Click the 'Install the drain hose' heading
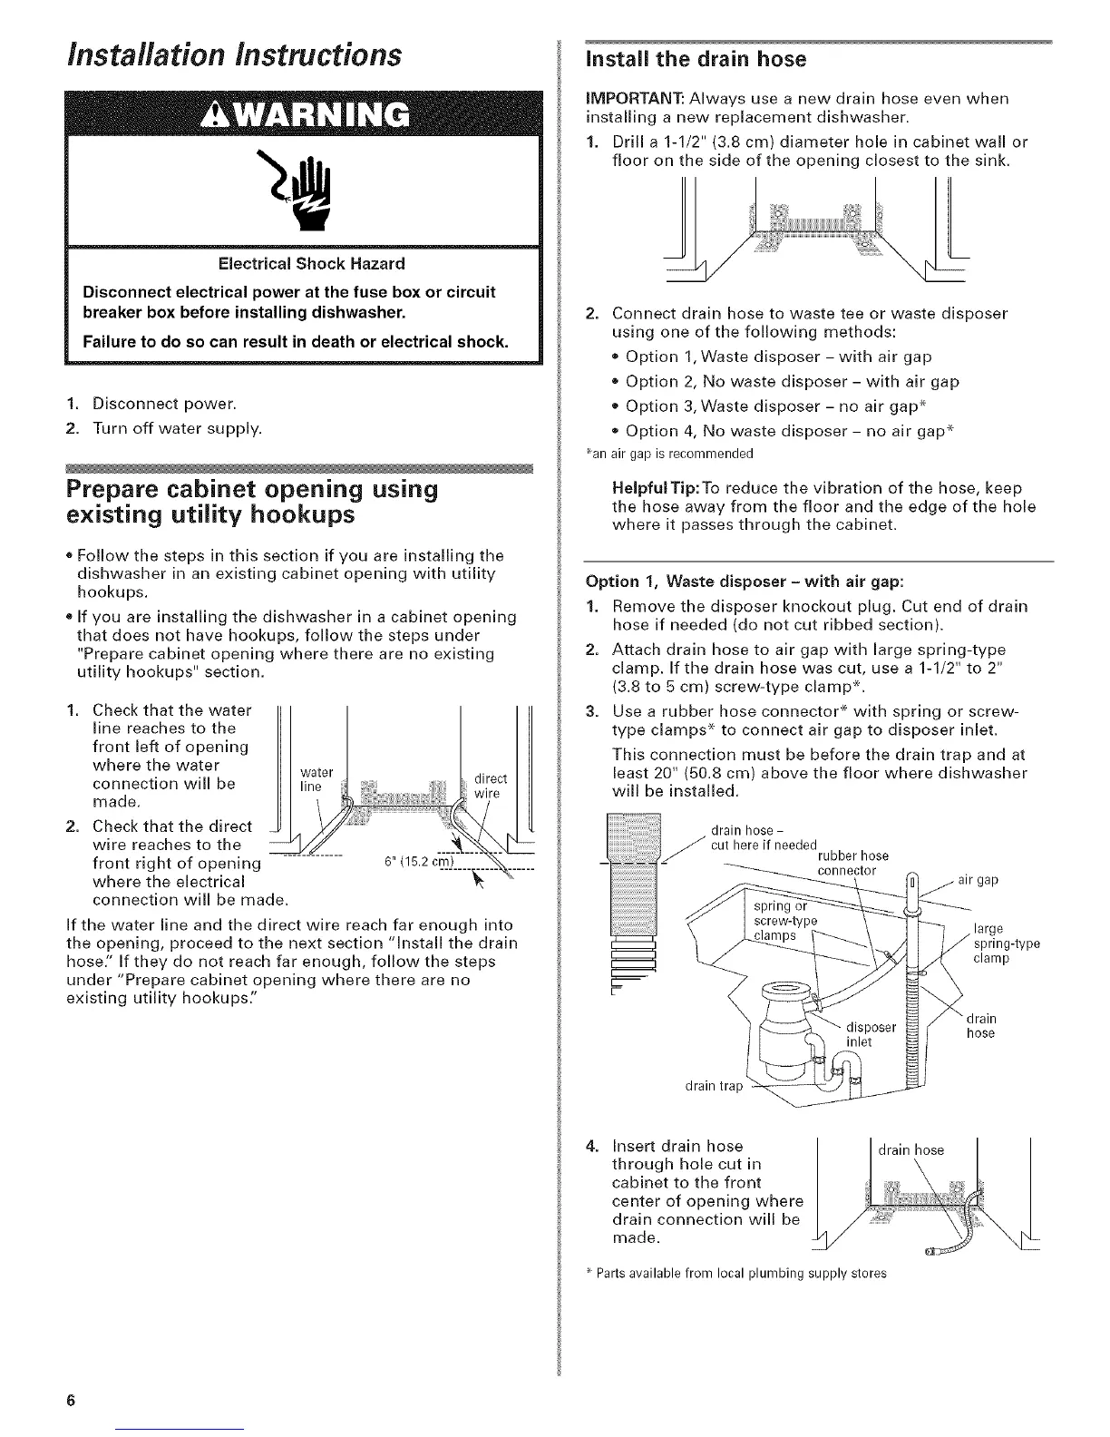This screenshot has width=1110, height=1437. click(696, 60)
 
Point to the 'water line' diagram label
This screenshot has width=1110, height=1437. click(311, 779)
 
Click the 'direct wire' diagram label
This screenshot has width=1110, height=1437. click(491, 786)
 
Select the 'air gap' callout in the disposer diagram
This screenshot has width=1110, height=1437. click(978, 879)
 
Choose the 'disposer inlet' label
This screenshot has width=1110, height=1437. click(870, 1034)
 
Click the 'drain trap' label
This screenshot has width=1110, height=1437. click(718, 1086)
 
